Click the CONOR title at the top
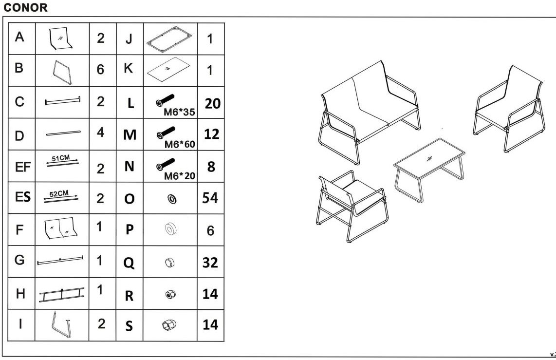pyautogui.click(x=25, y=7)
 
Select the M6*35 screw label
pyautogui.click(x=179, y=112)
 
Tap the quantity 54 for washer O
pyautogui.click(x=210, y=198)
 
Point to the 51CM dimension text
pyautogui.click(x=61, y=158)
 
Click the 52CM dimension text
pyautogui.click(x=59, y=194)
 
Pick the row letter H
pyautogui.click(x=20, y=294)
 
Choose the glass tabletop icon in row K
pyautogui.click(x=168, y=69)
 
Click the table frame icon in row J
pyautogui.click(x=169, y=40)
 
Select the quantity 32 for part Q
pyautogui.click(x=210, y=263)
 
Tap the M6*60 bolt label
pyautogui.click(x=180, y=144)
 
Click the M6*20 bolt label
pyautogui.click(x=180, y=176)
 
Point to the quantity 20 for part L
pyautogui.click(x=212, y=104)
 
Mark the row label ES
pyautogui.click(x=23, y=197)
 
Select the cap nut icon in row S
pyautogui.click(x=169, y=325)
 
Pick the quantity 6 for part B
pyautogui.click(x=100, y=70)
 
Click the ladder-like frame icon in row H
pyautogui.click(x=62, y=295)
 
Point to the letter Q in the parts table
pyautogui.click(x=129, y=263)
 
